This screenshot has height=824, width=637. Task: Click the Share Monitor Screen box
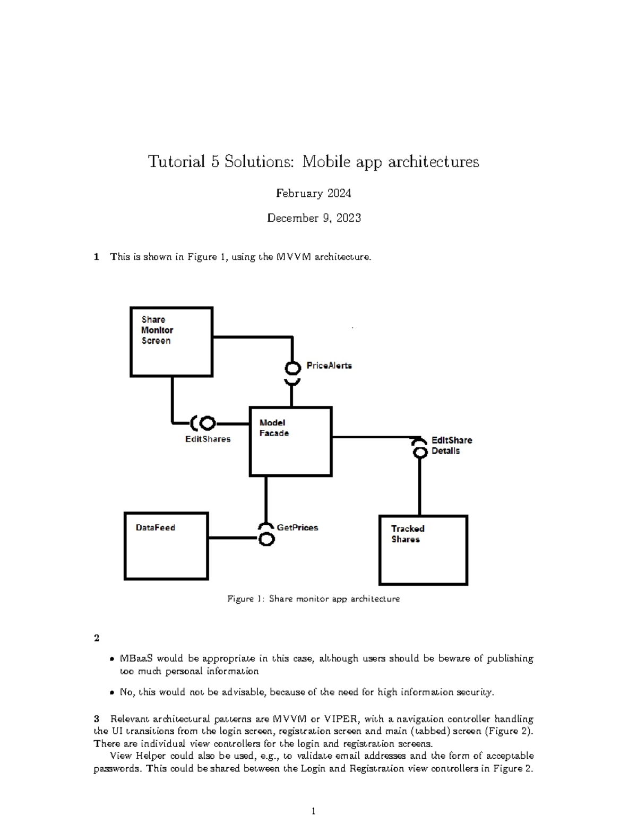171,342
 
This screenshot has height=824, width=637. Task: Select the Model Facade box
290,441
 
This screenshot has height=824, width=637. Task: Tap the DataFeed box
166,546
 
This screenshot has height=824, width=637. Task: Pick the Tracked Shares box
423,550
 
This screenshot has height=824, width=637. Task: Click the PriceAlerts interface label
329,366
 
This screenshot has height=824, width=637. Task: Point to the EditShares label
208,439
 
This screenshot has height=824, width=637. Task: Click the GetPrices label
297,527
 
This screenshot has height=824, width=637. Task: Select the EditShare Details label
451,446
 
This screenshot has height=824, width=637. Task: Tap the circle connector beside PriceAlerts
292,368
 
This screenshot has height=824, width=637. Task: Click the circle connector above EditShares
207,423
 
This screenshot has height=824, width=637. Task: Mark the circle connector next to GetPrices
266,539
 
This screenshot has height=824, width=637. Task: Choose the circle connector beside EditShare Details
420,452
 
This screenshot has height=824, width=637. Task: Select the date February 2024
313,193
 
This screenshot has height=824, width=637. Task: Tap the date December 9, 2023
314,218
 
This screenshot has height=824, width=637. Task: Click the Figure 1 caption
313,599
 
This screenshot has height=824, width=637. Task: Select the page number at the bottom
313,811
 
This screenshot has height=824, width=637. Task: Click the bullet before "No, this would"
111,693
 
